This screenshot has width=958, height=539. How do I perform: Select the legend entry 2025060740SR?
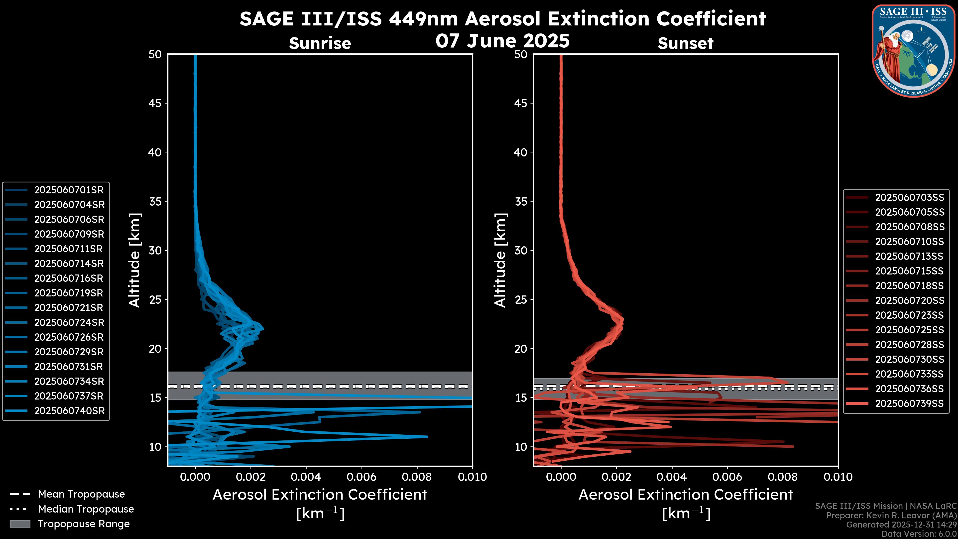[x=69, y=411]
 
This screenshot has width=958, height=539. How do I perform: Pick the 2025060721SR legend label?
[x=69, y=308]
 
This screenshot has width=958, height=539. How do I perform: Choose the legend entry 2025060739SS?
[x=909, y=404]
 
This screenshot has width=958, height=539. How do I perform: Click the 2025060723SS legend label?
[x=909, y=315]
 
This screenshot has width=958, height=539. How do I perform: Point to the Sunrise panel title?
[x=320, y=43]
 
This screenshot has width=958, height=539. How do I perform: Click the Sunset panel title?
[x=685, y=43]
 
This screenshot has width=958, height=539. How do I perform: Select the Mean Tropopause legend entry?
[x=81, y=494]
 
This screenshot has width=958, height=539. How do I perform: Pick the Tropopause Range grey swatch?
[x=20, y=524]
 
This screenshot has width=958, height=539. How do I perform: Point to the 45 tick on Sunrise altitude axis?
[x=155, y=103]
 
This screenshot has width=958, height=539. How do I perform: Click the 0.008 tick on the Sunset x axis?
[x=783, y=477]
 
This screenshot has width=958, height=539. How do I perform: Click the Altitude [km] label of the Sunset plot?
[x=500, y=260]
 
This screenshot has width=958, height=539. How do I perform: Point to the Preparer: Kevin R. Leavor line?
[x=891, y=516]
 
